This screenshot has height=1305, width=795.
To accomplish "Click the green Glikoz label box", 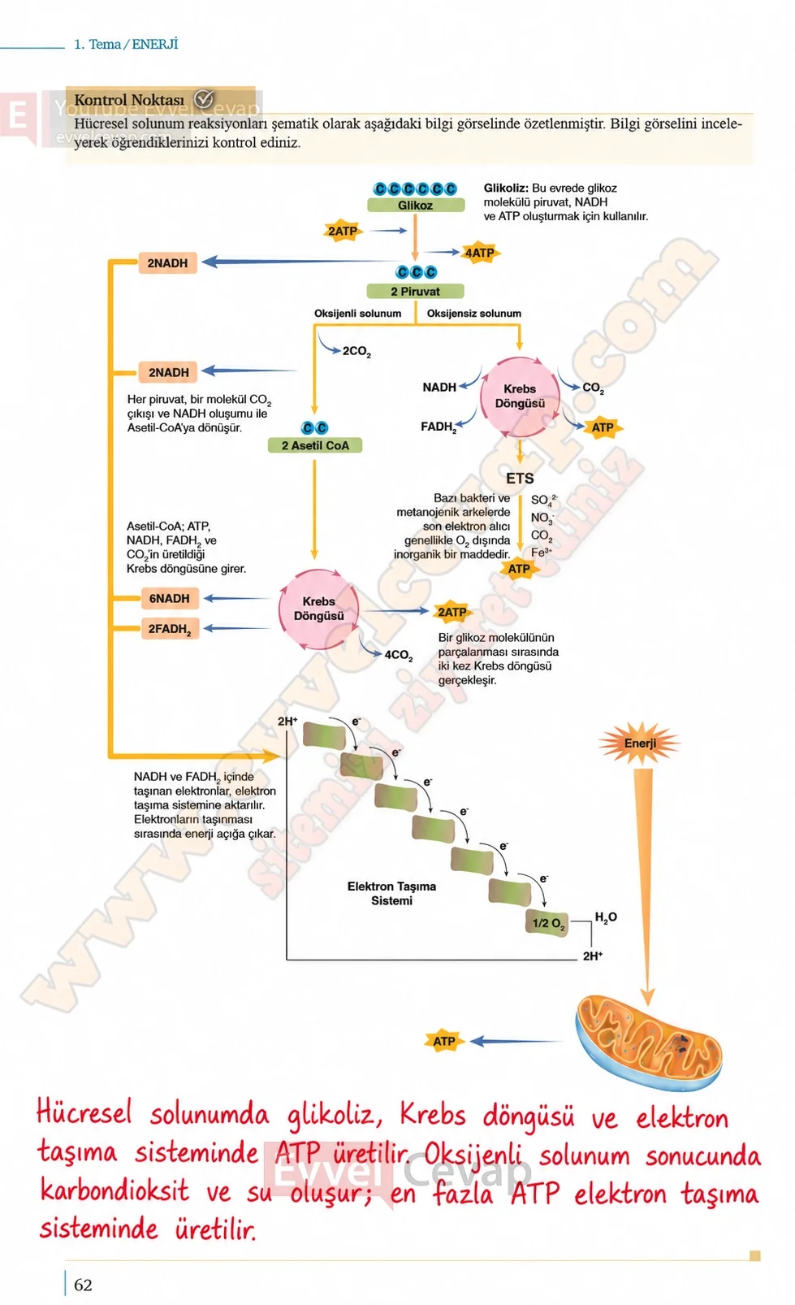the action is (415, 205).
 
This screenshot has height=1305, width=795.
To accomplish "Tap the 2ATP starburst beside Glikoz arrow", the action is (343, 232).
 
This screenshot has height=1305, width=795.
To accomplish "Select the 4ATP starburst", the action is (479, 253).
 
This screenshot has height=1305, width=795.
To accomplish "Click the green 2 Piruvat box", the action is (415, 291).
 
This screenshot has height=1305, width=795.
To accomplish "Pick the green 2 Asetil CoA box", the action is (315, 445).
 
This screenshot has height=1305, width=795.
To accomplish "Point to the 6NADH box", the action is (170, 598).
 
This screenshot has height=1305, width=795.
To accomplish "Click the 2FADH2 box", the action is (170, 629).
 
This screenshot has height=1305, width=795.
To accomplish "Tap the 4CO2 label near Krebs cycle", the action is (399, 656).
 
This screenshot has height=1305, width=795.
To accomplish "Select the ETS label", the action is (520, 479).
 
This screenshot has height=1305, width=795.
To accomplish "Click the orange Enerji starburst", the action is (640, 744).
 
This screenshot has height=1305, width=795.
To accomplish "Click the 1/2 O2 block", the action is (547, 923).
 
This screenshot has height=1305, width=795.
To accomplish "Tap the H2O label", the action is (606, 917).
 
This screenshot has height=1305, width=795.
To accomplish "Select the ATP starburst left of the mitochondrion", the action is (444, 1041).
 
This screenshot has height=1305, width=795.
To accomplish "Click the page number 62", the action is (83, 1285).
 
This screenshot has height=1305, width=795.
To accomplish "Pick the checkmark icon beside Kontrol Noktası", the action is (204, 100).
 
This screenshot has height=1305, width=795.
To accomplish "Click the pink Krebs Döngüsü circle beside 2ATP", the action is (318, 609).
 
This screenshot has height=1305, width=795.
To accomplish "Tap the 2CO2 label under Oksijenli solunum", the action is (356, 351).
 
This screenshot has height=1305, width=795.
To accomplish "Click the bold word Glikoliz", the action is (506, 189).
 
